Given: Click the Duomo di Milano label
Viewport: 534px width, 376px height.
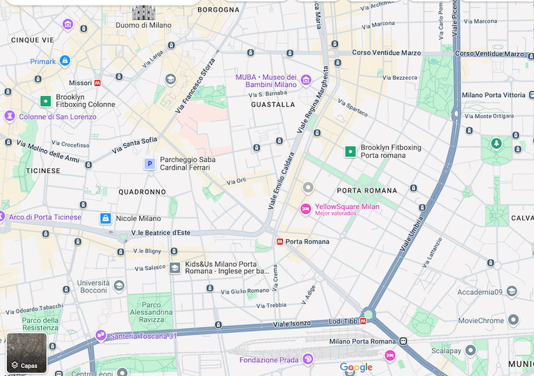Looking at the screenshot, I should [143, 25].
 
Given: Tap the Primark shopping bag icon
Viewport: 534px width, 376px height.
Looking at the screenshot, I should [65, 61].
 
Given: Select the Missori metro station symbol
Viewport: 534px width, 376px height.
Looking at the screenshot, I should [97, 83].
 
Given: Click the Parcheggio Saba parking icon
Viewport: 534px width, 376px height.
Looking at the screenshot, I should [149, 163].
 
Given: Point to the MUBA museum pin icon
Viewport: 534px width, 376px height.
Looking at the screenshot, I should [305, 81].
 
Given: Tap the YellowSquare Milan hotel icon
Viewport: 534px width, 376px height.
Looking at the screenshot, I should [305, 209].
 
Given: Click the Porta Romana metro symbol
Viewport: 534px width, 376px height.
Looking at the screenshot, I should [280, 242].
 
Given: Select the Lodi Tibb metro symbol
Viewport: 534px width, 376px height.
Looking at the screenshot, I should [363, 321].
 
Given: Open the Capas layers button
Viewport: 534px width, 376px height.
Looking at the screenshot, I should [26, 353].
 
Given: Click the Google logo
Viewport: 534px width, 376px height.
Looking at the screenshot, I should [356, 367].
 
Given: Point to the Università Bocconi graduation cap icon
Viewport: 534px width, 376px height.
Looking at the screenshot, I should [119, 285].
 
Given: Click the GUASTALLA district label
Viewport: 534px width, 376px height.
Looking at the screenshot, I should [273, 104].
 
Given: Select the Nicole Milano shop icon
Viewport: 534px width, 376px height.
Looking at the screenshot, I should [105, 218].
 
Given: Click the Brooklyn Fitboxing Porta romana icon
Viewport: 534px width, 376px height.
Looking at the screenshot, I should [350, 152].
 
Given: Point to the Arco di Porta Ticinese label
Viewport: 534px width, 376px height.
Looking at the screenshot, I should [44, 218].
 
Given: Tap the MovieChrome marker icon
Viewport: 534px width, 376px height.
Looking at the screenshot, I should [513, 320].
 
